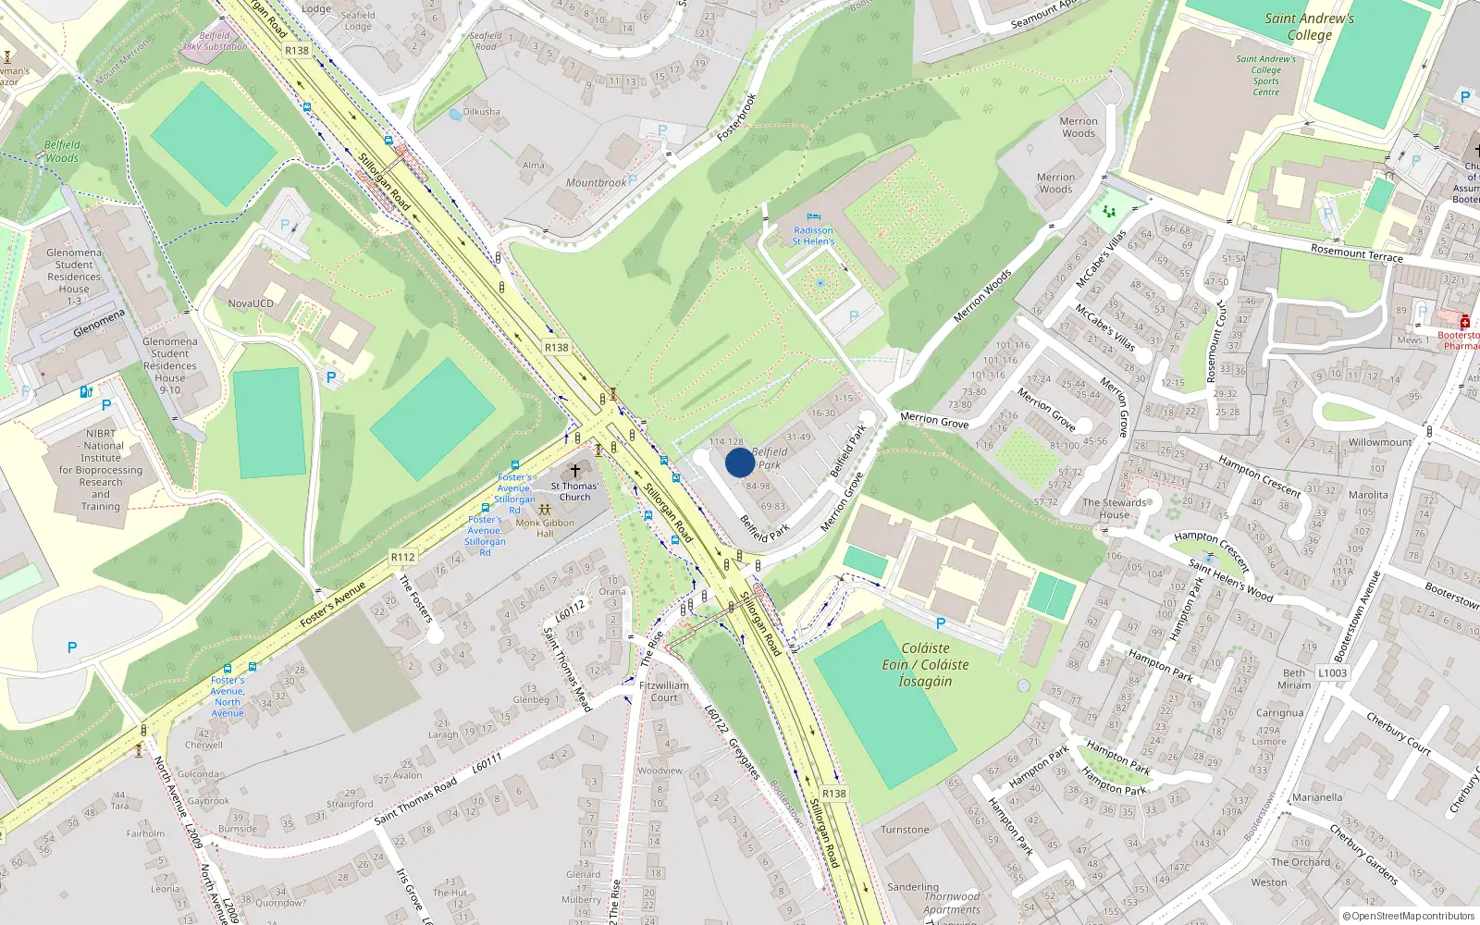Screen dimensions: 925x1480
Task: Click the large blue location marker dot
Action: [x=740, y=462]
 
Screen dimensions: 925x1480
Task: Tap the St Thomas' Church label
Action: [x=574, y=491]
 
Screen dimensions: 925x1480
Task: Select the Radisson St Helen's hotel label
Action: [x=813, y=236]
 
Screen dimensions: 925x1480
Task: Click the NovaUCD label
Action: [x=251, y=303]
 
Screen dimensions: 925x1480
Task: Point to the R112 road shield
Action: [x=402, y=557]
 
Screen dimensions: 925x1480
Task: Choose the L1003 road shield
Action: [x=1332, y=672]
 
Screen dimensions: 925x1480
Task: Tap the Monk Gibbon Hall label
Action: [x=545, y=528]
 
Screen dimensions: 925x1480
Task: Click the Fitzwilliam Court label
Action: [x=664, y=692]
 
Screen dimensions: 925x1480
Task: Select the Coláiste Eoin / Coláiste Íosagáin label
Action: [x=925, y=664]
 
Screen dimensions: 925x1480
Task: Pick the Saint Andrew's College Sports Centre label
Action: [x=1266, y=76]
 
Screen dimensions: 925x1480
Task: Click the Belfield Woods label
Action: [x=62, y=152]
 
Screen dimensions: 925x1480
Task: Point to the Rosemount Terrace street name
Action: [x=1356, y=252]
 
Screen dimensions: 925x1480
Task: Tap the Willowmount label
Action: [x=1380, y=442]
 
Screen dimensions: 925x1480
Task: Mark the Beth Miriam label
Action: [x=1294, y=679]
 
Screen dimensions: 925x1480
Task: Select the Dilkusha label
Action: [x=481, y=112]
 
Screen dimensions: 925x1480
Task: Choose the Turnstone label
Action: [x=905, y=830]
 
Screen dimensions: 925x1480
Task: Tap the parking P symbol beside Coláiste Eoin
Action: [x=941, y=623]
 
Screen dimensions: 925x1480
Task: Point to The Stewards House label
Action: [x=1114, y=509]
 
